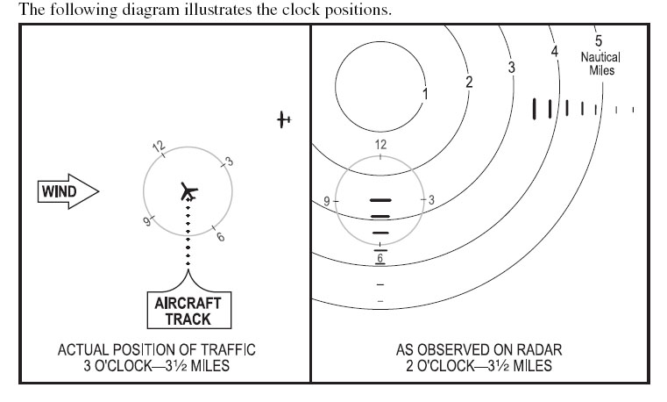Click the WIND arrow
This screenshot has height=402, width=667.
(68, 191)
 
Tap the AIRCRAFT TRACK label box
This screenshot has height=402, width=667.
(188, 310)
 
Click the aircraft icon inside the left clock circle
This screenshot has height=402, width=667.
(188, 191)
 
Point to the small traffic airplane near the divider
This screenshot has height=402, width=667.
(284, 119)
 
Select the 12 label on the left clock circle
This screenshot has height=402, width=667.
(159, 147)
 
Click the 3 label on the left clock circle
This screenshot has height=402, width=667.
(230, 162)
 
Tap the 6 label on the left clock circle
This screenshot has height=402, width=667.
(220, 237)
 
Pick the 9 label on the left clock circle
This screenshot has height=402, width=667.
(146, 221)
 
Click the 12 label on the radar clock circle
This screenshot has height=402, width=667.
(380, 145)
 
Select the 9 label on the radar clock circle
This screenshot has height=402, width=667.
(327, 201)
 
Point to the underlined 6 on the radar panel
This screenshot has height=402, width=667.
(380, 258)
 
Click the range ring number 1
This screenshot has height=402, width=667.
(425, 94)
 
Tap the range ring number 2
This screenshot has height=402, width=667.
(469, 82)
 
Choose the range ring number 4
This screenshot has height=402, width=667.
(554, 52)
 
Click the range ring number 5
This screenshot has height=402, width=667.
(599, 41)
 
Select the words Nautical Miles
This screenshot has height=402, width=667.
(600, 63)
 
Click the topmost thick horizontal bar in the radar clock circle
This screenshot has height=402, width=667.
(380, 200)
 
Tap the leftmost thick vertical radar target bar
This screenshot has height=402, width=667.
(535, 109)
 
